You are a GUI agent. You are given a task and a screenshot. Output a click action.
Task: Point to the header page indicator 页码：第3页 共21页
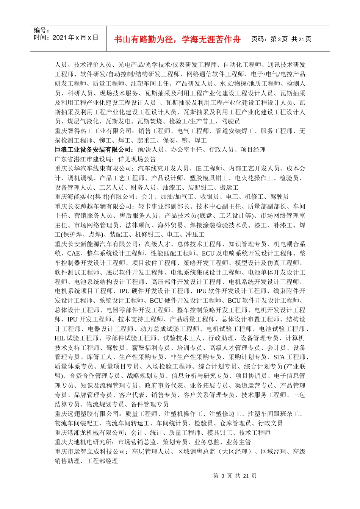[x=281, y=39]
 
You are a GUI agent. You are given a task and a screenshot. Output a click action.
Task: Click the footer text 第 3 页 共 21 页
[x=235, y=476]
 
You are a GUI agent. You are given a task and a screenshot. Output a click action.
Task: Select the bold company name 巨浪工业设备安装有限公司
[x=92, y=150]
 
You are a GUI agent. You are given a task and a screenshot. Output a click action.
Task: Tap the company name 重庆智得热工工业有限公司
[x=92, y=131]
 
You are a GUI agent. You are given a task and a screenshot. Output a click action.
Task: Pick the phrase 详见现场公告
[x=137, y=159]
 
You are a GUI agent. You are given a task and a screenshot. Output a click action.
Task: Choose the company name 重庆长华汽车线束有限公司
[x=92, y=169]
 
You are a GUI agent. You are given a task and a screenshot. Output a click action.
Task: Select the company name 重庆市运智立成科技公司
[x=89, y=452]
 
